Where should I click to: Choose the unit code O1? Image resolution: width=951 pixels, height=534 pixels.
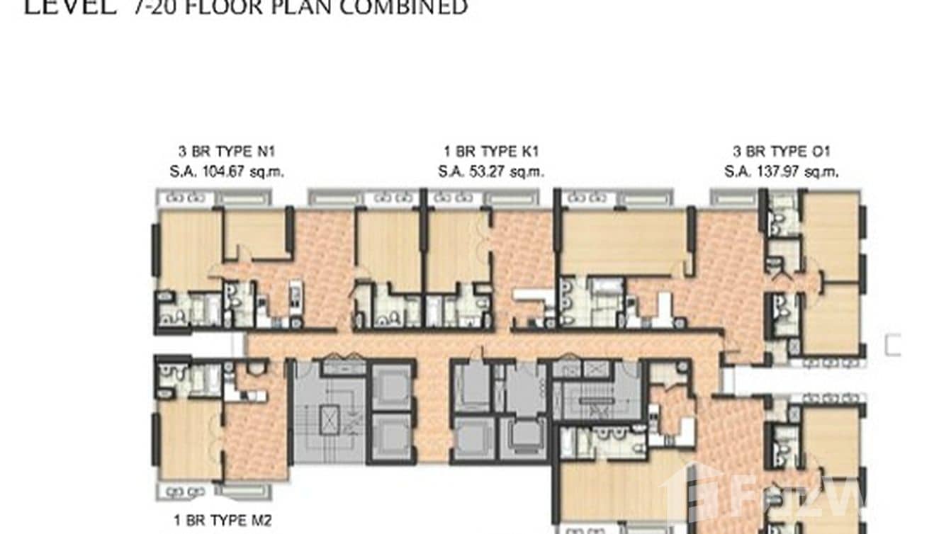[x=820, y=152]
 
